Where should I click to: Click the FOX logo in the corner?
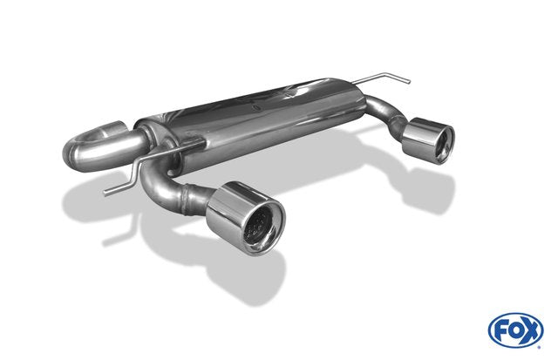(x=515, y=330)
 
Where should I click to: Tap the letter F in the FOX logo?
(x=500, y=331)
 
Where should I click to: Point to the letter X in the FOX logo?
(x=531, y=330)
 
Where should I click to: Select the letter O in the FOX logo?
(x=515, y=331)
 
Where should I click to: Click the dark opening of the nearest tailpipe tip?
(x=261, y=223)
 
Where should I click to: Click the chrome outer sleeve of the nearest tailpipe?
(x=228, y=206)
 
